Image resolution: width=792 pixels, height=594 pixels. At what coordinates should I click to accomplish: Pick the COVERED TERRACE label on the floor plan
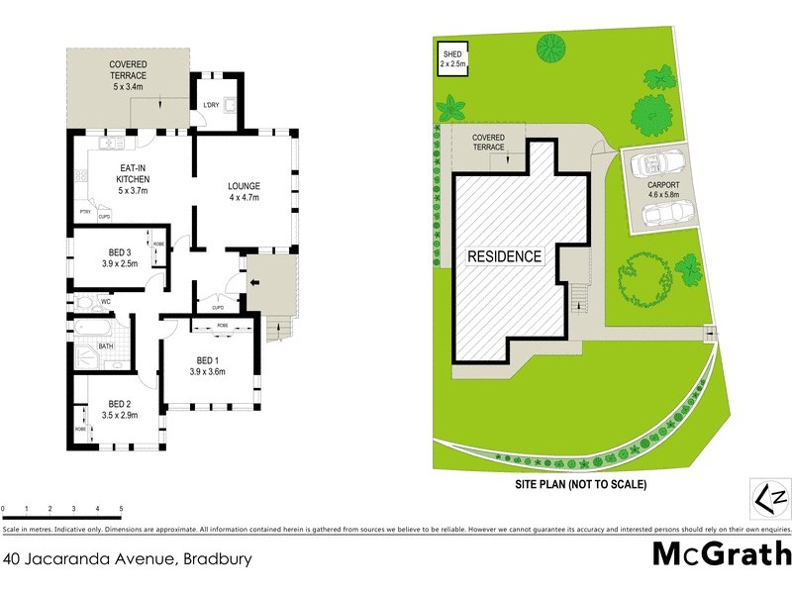click(x=128, y=69)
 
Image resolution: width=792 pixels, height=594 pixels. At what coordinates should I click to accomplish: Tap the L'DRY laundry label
click(x=211, y=106)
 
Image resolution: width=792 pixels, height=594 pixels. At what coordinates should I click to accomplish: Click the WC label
click(x=104, y=300)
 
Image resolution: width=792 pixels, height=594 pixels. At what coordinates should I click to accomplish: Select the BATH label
click(x=105, y=346)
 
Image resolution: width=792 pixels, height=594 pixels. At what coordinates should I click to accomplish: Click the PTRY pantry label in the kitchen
click(x=85, y=212)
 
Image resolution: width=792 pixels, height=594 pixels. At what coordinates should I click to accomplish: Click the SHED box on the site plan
click(x=452, y=58)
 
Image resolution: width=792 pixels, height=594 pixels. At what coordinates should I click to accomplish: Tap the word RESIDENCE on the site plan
click(x=505, y=256)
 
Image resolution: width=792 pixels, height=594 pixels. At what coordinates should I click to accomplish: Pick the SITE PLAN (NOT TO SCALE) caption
click(x=580, y=485)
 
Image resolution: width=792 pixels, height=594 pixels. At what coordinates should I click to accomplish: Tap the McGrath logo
click(x=721, y=553)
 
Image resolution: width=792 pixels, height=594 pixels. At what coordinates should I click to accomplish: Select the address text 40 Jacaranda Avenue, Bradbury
click(x=127, y=558)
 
